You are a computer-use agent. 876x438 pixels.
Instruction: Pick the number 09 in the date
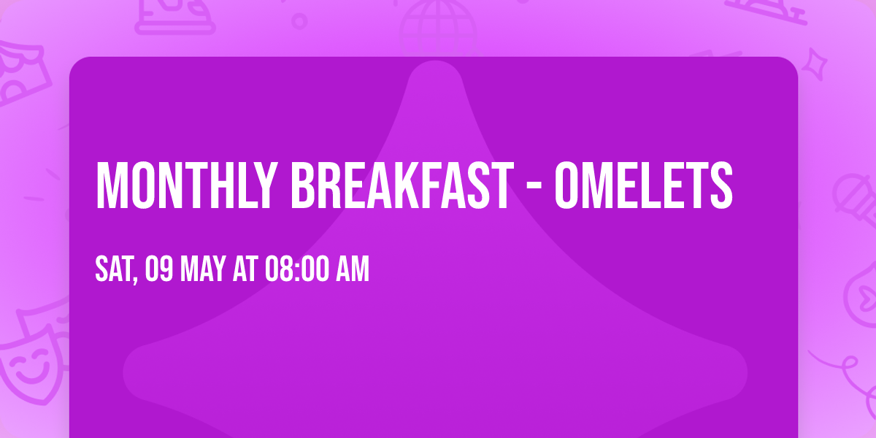point(158,269)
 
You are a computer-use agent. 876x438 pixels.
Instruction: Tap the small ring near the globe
point(299,20)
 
